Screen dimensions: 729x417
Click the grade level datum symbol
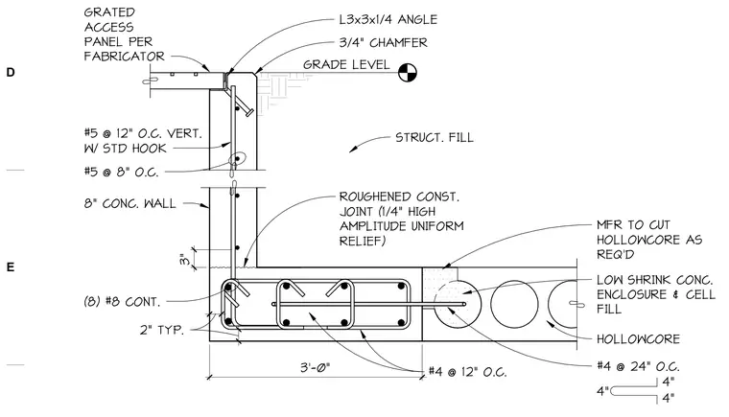click(x=408, y=73)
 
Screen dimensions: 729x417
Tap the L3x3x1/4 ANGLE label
click(x=388, y=19)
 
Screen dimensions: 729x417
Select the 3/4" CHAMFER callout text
click(x=383, y=43)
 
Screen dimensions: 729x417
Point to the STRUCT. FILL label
click(x=435, y=138)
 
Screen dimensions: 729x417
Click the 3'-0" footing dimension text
click(x=315, y=368)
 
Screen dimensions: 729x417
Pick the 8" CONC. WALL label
click(x=130, y=203)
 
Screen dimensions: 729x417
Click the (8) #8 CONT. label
click(x=122, y=302)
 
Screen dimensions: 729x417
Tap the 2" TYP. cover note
click(x=162, y=330)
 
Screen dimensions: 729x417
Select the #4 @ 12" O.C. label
click(x=468, y=372)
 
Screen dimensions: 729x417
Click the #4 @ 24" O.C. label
click(x=638, y=366)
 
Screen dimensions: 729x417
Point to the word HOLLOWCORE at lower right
click(x=638, y=339)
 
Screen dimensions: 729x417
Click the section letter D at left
click(x=11, y=72)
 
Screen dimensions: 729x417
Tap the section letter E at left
click(x=11, y=266)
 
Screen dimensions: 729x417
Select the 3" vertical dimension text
click(x=184, y=259)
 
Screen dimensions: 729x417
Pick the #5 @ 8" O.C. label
click(x=122, y=172)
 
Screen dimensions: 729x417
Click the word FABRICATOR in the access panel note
click(x=124, y=57)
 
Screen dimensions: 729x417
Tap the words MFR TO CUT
click(x=633, y=225)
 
